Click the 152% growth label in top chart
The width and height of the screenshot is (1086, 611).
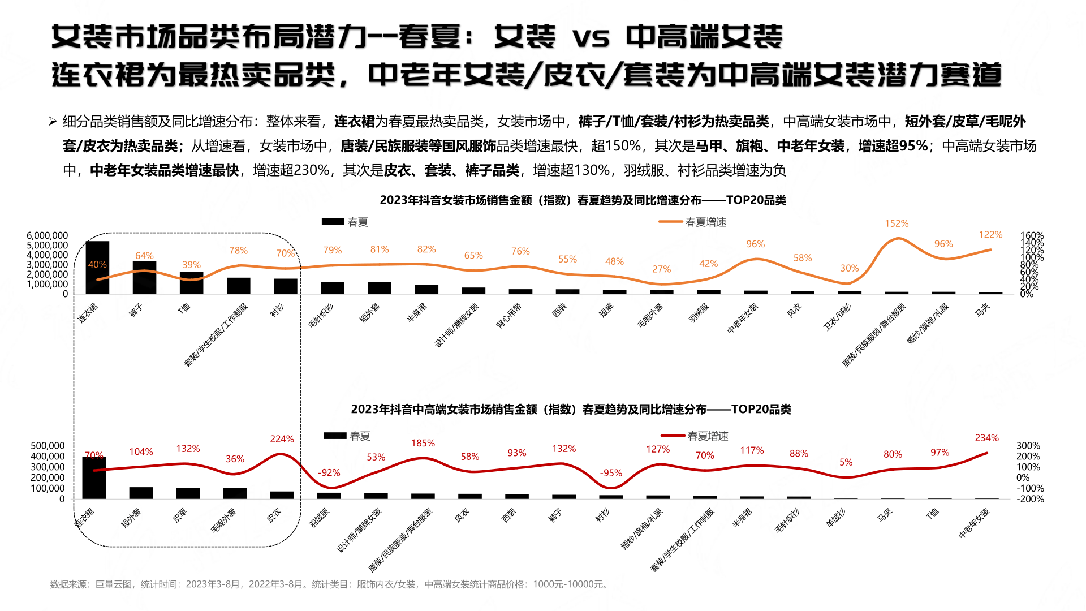(x=897, y=223)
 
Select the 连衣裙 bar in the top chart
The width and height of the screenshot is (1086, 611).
(x=97, y=268)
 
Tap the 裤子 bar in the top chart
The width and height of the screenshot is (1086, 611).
(x=144, y=278)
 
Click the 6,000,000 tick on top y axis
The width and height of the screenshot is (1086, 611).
(x=48, y=235)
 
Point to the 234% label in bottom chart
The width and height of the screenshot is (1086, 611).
(x=986, y=438)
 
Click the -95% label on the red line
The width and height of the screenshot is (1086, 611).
(x=611, y=473)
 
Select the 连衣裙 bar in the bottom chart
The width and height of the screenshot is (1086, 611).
(x=94, y=478)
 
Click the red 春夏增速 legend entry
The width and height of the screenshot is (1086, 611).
(x=695, y=436)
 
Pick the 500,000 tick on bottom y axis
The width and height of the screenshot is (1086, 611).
(x=48, y=446)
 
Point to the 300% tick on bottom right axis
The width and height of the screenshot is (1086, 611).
(x=1028, y=446)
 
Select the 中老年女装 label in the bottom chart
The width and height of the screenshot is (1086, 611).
(x=974, y=523)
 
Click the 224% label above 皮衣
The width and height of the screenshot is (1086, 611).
(x=282, y=439)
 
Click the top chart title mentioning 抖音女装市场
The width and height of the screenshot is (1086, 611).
(x=583, y=200)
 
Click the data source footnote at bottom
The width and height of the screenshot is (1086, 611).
(x=330, y=584)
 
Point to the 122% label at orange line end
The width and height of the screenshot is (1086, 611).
(x=990, y=235)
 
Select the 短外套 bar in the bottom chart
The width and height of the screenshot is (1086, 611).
(x=141, y=493)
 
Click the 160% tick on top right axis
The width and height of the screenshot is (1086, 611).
(x=1032, y=235)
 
